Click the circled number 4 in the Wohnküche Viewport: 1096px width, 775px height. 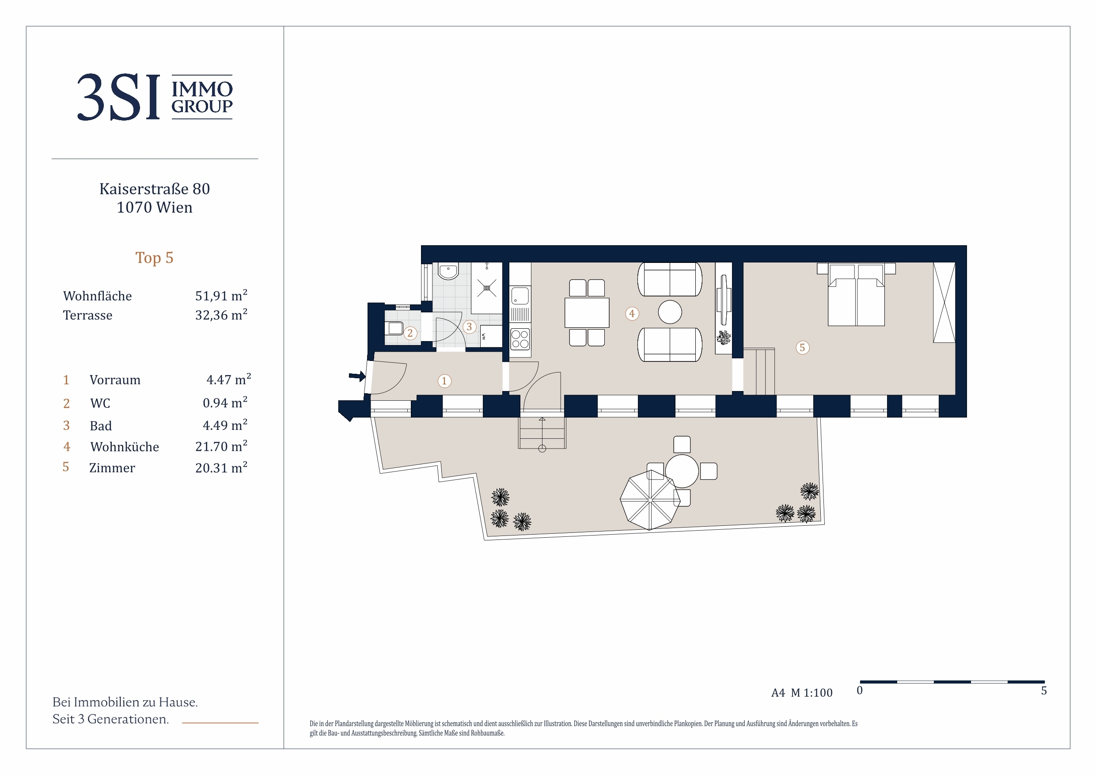[632, 314]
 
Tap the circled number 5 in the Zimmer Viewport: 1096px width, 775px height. [802, 348]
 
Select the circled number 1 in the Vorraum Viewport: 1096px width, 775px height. [444, 381]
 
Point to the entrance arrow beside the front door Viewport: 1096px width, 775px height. [357, 376]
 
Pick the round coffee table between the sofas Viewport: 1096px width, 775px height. [670, 312]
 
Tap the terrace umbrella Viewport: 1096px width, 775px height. [650, 501]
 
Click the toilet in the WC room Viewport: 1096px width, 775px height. [395, 328]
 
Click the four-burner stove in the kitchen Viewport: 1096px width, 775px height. [520, 339]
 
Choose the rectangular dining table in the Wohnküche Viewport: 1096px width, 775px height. [587, 313]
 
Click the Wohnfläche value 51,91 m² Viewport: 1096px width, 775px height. [221, 296]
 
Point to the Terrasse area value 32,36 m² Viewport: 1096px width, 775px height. [221, 315]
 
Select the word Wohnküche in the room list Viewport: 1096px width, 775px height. [125, 447]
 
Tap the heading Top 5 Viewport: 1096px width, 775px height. [154, 258]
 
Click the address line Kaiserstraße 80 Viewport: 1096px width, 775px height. [155, 189]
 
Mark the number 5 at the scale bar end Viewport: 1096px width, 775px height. [1044, 691]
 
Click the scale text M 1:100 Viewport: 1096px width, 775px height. [812, 693]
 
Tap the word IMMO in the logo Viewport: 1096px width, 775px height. [202, 89]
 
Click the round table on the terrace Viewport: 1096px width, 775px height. [682, 471]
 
